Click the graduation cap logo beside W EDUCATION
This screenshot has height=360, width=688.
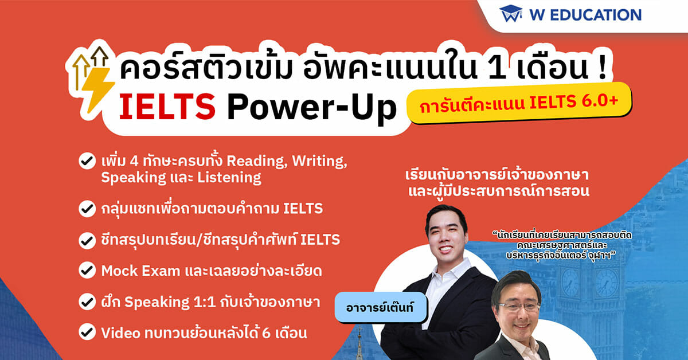click(x=511, y=14)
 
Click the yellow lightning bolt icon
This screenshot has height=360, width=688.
click(x=97, y=89)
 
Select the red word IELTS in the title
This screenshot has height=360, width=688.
click(x=167, y=107)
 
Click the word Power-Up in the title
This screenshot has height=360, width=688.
click(x=312, y=109)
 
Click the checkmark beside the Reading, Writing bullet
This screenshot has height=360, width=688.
click(x=87, y=161)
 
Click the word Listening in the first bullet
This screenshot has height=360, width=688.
click(x=229, y=178)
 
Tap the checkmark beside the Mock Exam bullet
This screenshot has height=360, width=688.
click(x=87, y=270)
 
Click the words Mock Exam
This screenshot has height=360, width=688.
click(x=140, y=271)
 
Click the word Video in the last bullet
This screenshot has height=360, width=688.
click(x=120, y=333)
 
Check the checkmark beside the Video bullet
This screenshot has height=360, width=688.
click(x=87, y=332)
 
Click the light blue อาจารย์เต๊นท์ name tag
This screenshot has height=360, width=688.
click(x=381, y=307)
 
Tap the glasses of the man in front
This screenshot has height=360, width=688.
click(x=519, y=306)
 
